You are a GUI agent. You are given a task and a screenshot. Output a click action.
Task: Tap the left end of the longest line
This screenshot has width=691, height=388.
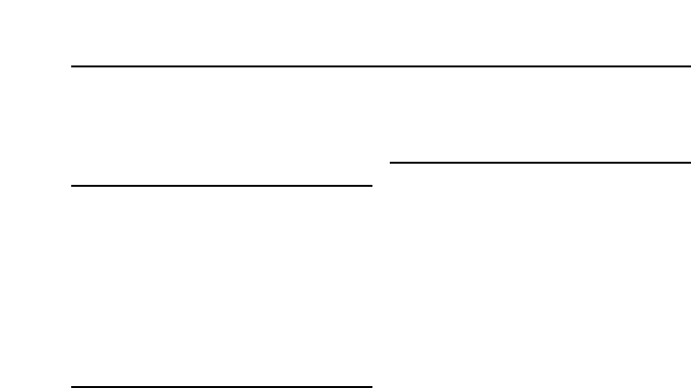(x=73, y=66)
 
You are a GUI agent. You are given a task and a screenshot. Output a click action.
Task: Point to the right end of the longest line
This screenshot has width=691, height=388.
(x=690, y=66)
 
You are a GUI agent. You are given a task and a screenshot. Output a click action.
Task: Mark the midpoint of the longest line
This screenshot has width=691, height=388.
(x=382, y=66)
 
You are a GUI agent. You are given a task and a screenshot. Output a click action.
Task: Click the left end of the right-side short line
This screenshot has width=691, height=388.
(x=391, y=162)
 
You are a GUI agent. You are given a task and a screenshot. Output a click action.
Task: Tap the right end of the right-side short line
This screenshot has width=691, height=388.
(x=690, y=162)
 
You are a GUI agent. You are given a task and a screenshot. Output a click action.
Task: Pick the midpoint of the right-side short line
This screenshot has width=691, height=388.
(x=541, y=162)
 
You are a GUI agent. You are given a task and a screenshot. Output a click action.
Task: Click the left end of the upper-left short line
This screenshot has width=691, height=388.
(x=73, y=185)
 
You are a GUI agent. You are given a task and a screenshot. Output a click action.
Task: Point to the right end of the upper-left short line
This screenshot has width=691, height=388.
(x=371, y=185)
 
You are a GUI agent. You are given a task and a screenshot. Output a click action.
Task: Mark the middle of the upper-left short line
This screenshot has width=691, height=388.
(x=222, y=185)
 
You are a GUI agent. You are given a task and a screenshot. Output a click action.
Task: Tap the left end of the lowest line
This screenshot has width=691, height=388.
(x=73, y=387)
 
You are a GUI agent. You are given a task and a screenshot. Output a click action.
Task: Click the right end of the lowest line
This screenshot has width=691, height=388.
(x=371, y=387)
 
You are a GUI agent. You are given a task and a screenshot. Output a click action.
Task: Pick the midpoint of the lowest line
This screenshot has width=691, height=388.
(x=222, y=387)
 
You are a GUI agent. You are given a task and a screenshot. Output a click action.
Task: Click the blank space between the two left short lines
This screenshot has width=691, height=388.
(x=222, y=286)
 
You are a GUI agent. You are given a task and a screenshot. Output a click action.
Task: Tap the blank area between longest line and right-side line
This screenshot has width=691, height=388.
(x=541, y=114)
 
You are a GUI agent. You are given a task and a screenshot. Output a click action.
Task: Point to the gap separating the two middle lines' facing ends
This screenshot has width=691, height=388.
(x=381, y=173)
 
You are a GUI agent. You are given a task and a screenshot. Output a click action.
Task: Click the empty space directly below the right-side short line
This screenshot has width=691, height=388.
(x=541, y=274)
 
